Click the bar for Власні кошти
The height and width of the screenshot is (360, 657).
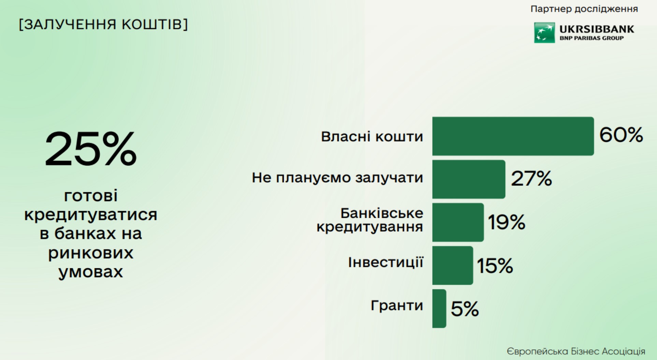[513, 136]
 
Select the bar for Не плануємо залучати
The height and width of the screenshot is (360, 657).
[469, 179]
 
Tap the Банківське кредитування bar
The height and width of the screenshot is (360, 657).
[458, 222]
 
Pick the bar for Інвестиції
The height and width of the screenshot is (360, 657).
[453, 265]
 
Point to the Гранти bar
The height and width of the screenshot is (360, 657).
[439, 309]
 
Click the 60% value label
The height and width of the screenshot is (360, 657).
[621, 135]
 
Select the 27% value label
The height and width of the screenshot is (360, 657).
[531, 178]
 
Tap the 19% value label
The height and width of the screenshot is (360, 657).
[507, 222]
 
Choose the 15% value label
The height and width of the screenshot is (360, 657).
[495, 266]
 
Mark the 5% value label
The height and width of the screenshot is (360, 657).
[465, 309]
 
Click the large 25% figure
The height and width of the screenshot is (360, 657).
[91, 149]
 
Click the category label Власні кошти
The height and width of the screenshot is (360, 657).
[372, 136]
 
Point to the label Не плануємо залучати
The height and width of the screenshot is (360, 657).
[337, 178]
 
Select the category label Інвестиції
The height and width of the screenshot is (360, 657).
[385, 262]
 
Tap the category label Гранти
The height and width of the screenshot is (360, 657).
[397, 305]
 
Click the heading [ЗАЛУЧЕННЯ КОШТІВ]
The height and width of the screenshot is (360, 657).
[103, 24]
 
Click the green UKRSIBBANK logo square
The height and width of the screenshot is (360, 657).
[544, 33]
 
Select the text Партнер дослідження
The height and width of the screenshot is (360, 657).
[584, 9]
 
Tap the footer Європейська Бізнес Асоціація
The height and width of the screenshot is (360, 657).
[576, 351]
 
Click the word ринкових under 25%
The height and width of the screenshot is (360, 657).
[91, 253]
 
